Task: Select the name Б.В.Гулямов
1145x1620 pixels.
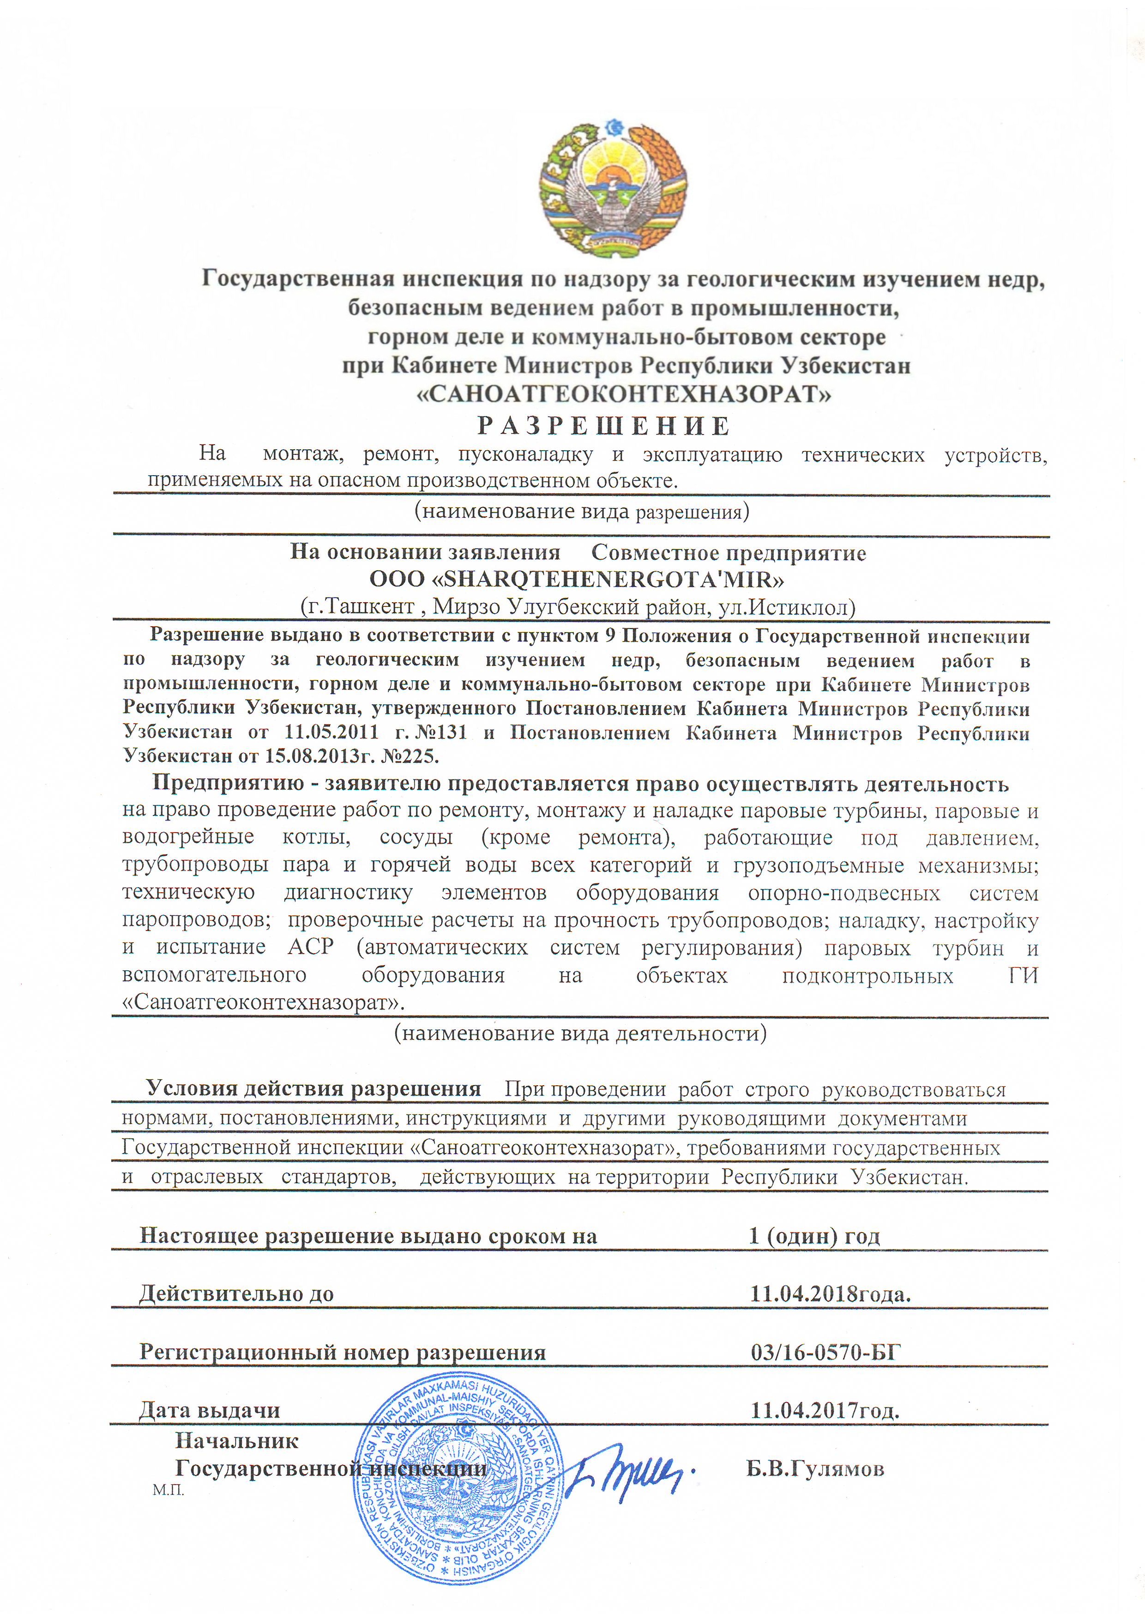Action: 815,1469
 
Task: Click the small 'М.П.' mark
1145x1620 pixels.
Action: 168,1491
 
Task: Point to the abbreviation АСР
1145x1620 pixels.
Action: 310,947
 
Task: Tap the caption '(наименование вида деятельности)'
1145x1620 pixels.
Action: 580,1034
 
